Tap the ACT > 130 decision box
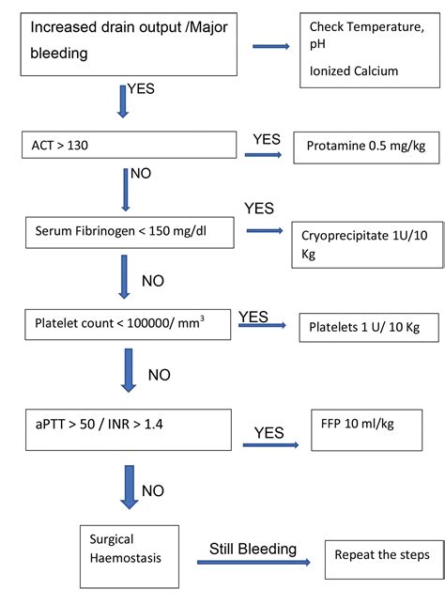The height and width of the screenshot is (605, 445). coord(129,145)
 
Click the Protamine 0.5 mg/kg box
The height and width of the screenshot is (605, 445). coord(358,147)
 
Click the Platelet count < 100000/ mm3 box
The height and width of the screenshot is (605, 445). coord(129,323)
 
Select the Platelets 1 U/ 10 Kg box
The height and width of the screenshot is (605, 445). coord(358,329)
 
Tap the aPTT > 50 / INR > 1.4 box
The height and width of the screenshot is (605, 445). coord(129,428)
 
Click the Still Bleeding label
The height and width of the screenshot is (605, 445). coord(252,549)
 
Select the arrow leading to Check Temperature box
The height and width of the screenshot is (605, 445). coord(271,45)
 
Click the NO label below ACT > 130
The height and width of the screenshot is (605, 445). coord(141,175)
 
